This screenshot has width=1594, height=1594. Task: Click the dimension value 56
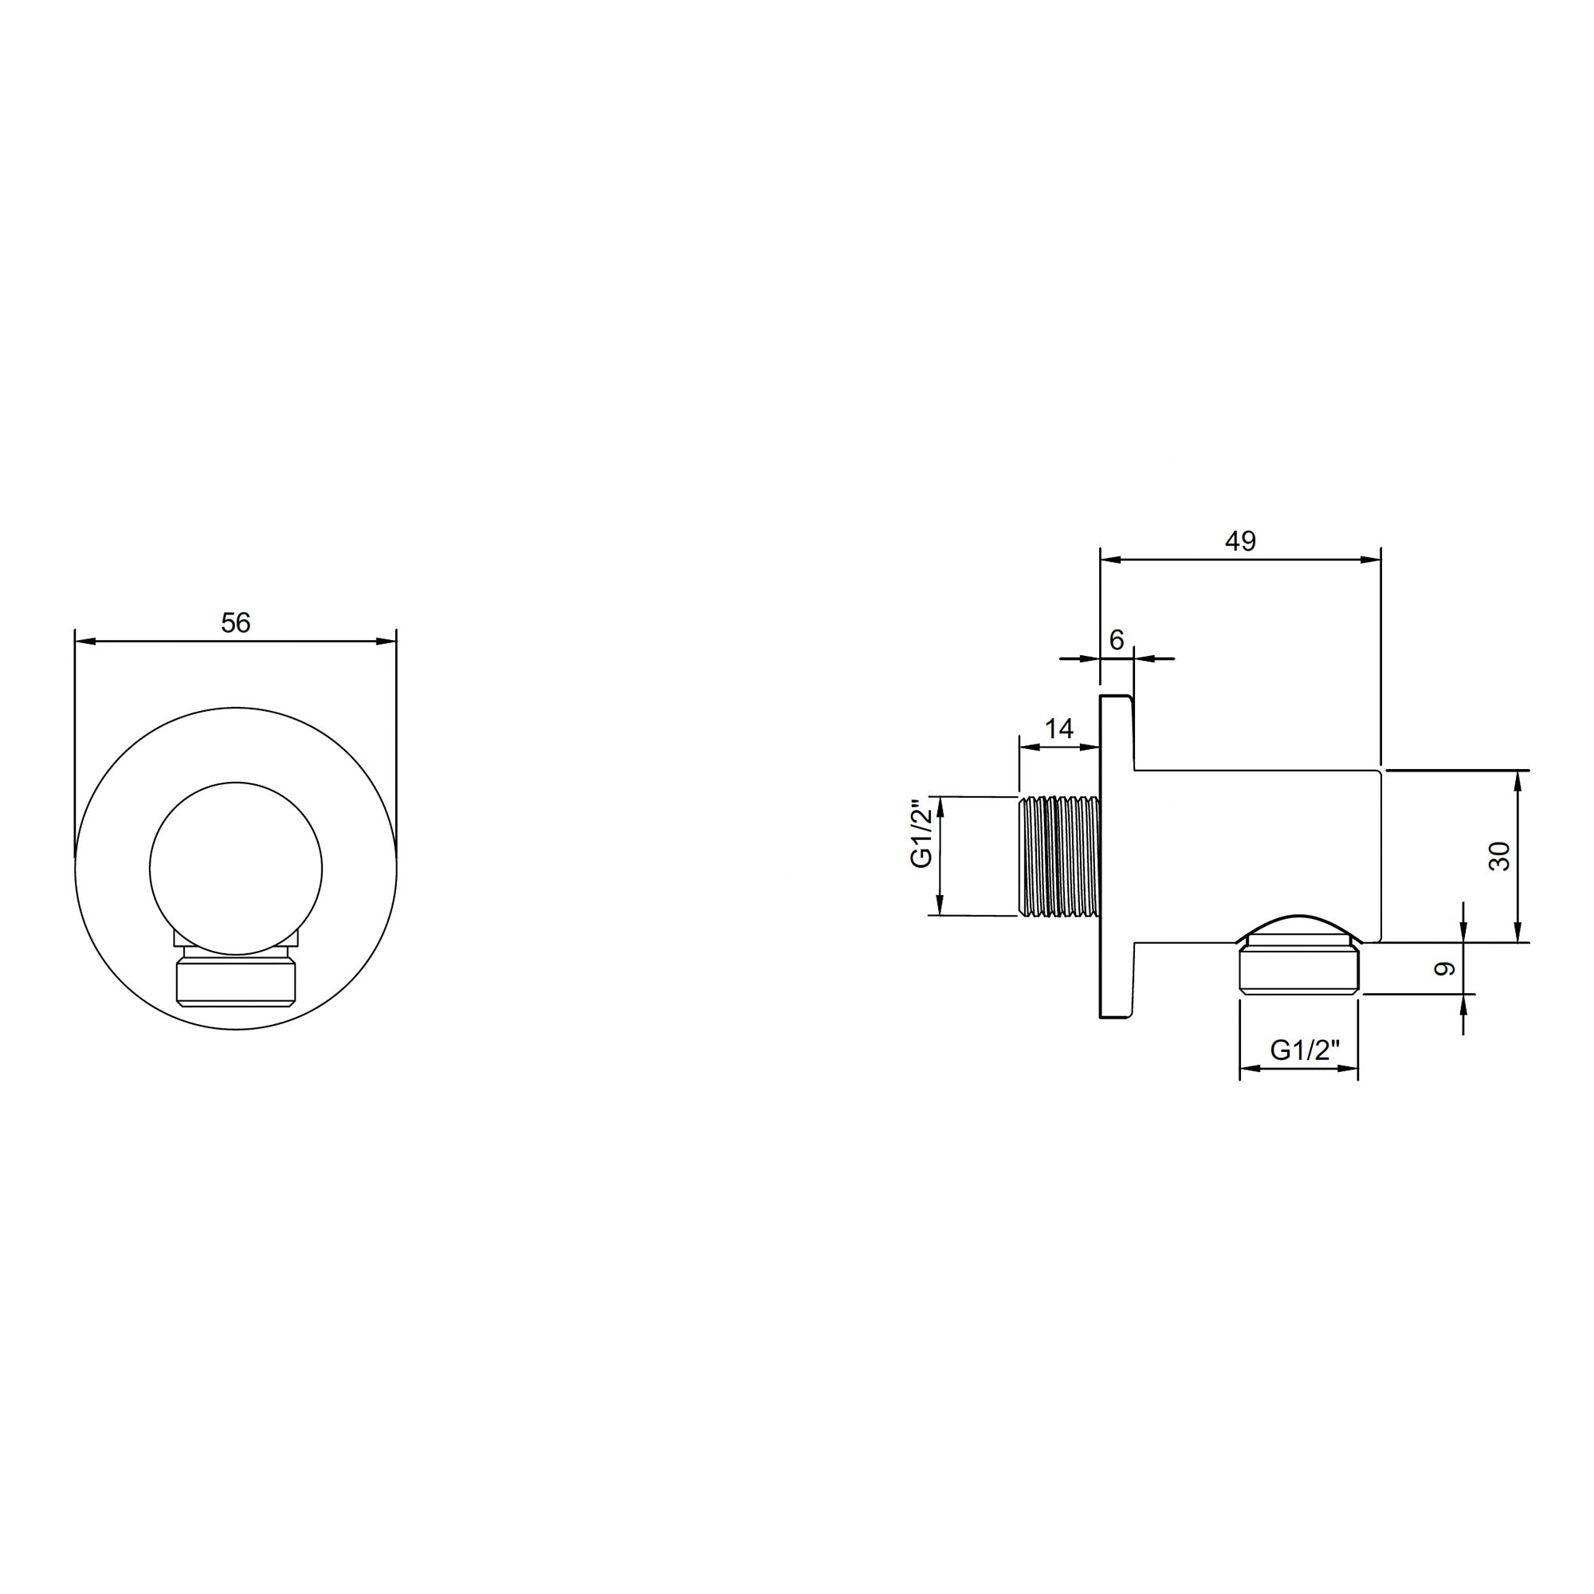coord(235,624)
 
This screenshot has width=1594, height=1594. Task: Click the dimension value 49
coord(1240,541)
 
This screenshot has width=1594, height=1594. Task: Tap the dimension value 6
coord(1117,639)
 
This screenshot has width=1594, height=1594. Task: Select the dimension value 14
coord(1059,728)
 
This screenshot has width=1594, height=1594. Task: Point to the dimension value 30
coord(1499,855)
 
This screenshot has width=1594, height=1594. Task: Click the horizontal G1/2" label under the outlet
coord(1305,1050)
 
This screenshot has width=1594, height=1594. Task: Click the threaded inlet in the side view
coord(1060,855)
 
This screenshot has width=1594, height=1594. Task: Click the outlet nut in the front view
coord(236,982)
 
